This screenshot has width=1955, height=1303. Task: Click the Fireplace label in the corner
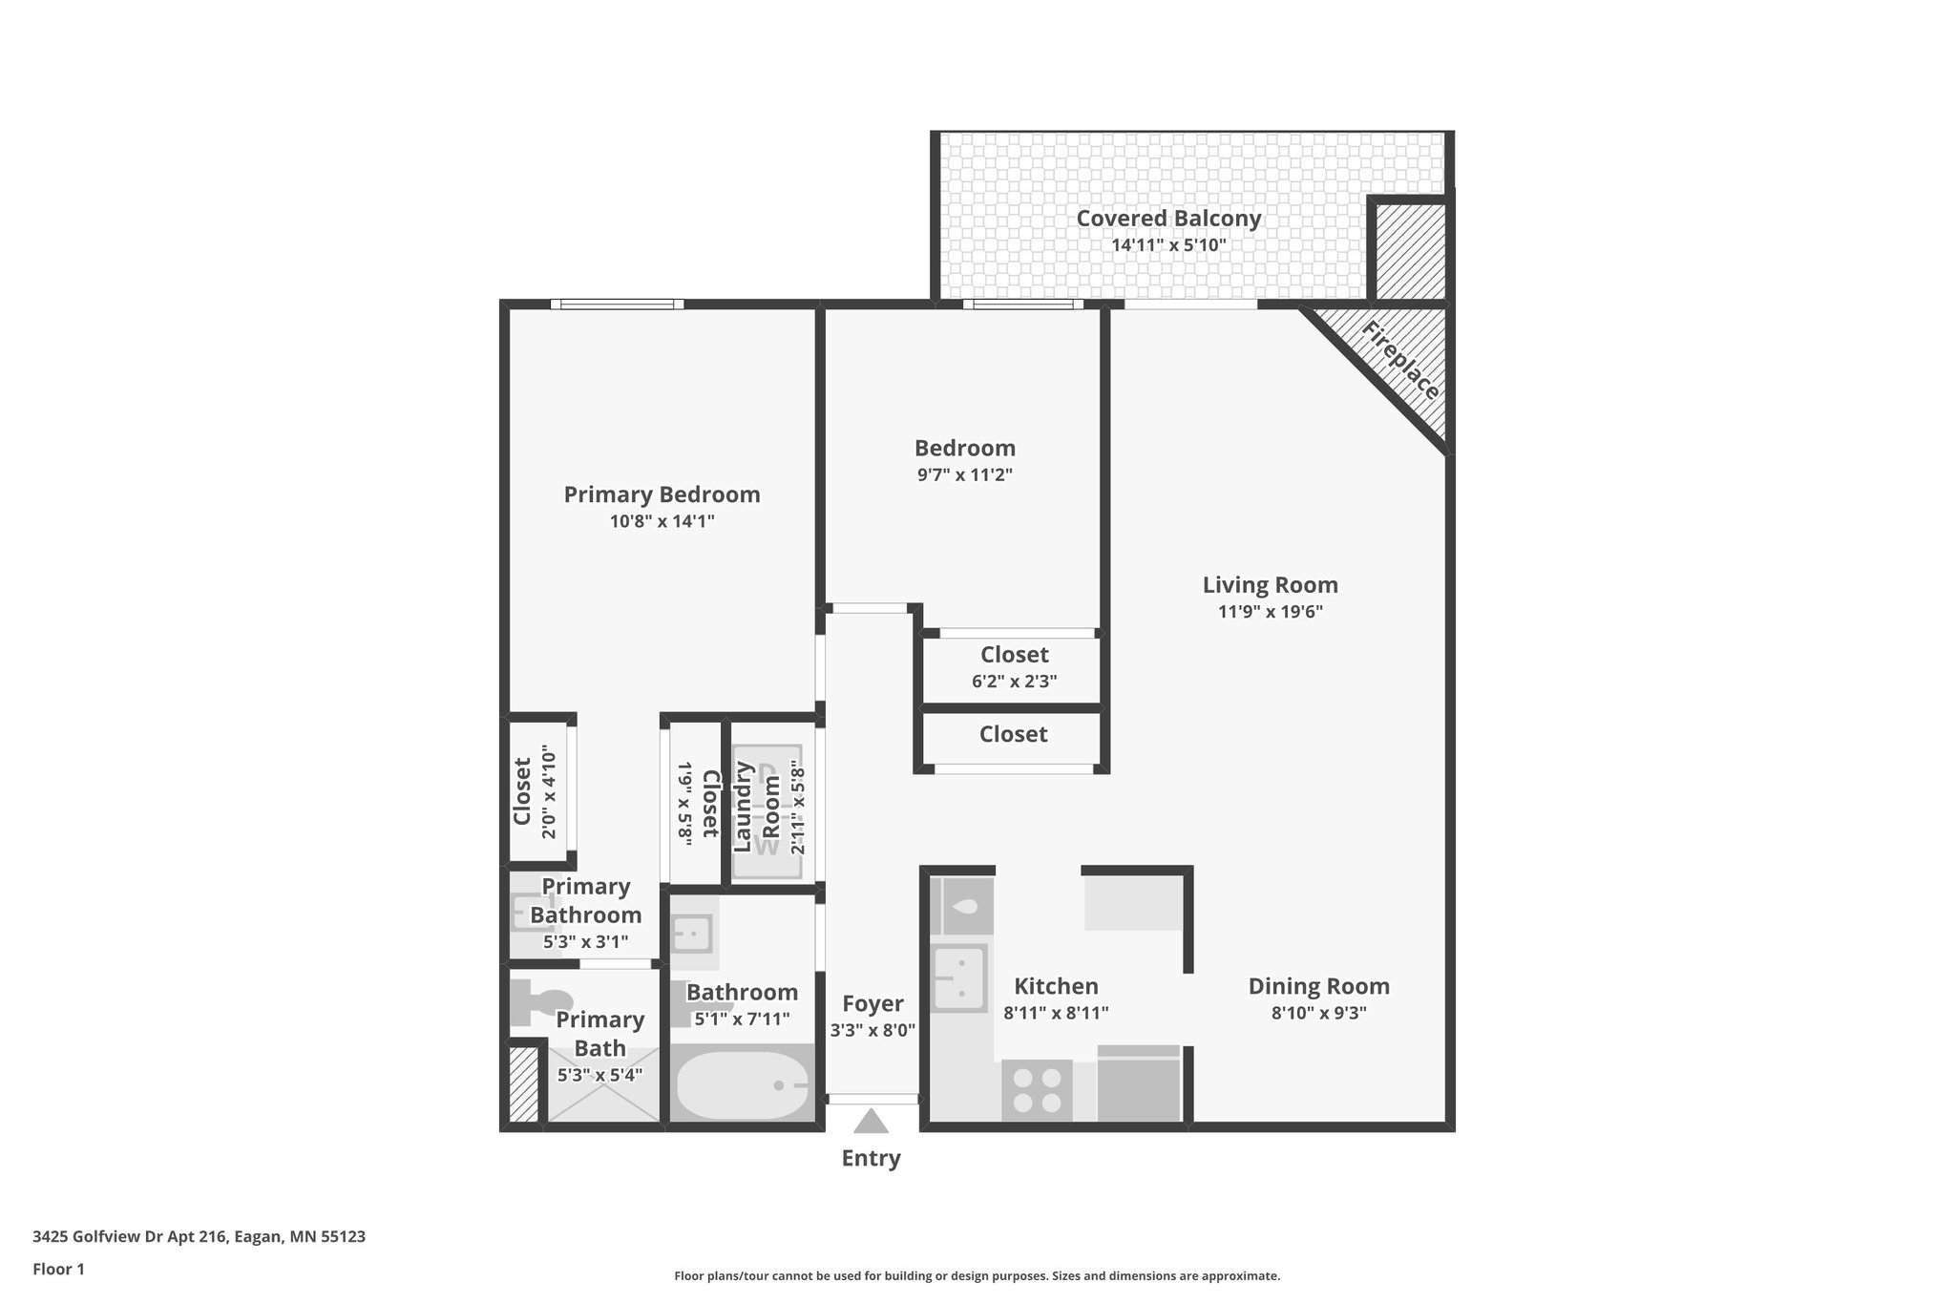click(x=1400, y=360)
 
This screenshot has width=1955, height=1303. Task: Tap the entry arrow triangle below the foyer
click(x=871, y=1122)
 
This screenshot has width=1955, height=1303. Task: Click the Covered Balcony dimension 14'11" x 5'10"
click(x=1168, y=245)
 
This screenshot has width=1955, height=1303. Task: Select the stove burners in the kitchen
click(x=1037, y=1090)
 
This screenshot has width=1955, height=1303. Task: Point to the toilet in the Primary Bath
click(x=535, y=1001)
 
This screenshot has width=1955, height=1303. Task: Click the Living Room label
click(x=1270, y=585)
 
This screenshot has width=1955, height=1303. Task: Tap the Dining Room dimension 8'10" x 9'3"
click(x=1318, y=1014)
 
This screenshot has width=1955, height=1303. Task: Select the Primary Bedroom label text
click(x=662, y=494)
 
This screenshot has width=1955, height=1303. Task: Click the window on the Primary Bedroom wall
click(x=617, y=305)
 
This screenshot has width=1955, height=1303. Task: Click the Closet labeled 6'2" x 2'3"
click(x=1014, y=667)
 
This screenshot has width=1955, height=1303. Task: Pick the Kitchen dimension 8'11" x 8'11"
click(x=1056, y=1014)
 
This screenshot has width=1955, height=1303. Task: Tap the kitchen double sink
click(x=959, y=977)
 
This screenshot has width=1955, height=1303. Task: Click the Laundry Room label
click(x=757, y=807)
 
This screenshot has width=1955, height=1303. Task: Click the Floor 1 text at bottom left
click(x=58, y=1270)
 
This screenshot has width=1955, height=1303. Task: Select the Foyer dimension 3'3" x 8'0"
click(x=872, y=1031)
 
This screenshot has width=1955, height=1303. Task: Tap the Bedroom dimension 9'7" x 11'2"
click(x=964, y=475)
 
